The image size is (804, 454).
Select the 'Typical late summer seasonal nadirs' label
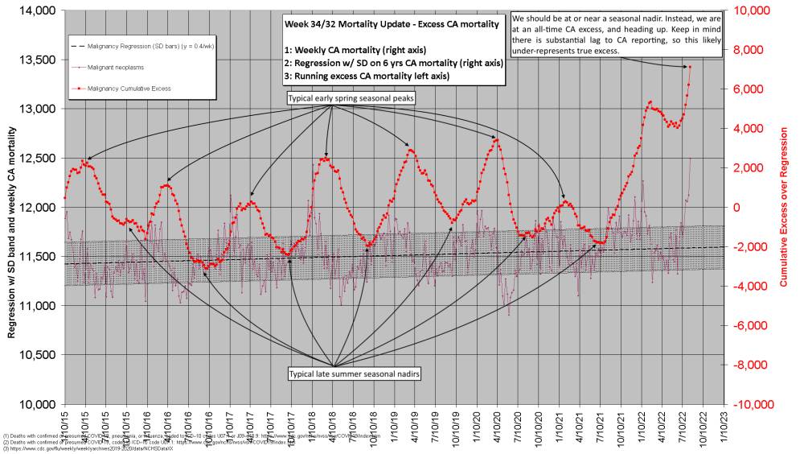[334, 375]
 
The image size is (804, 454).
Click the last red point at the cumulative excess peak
[690, 67]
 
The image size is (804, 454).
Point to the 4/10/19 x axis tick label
[412, 420]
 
